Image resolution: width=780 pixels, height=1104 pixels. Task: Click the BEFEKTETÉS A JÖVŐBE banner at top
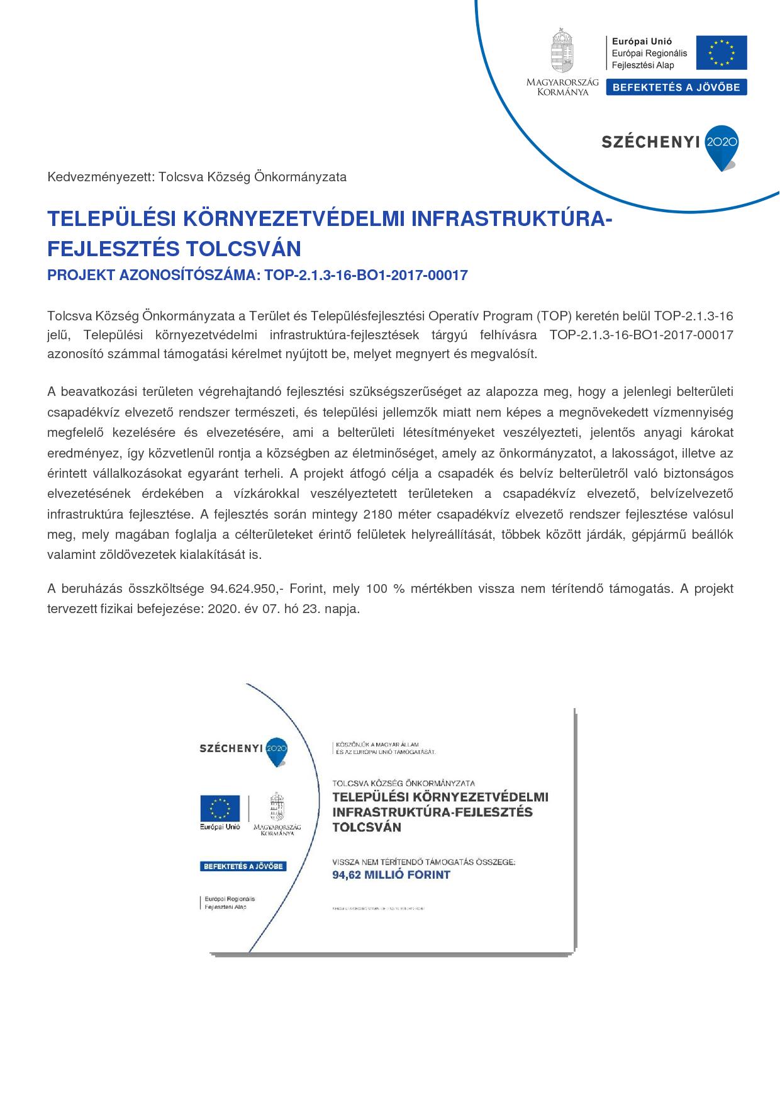[x=676, y=87]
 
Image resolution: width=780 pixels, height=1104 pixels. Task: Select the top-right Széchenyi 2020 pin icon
[x=722, y=147]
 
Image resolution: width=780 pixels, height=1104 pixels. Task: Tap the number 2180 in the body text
[x=378, y=514]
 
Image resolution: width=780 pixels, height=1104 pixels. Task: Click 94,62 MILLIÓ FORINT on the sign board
[x=391, y=875]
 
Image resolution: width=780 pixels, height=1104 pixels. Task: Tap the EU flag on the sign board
[x=220, y=808]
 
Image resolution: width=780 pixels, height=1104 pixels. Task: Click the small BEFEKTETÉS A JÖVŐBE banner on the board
[x=243, y=866]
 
